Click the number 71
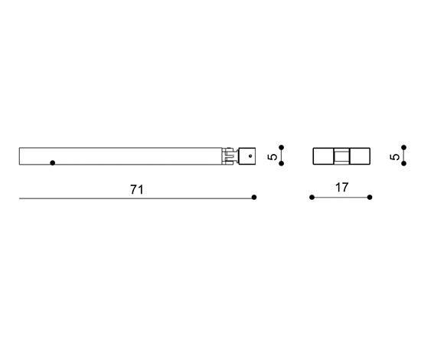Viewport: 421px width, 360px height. [137, 189]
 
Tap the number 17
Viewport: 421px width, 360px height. [342, 187]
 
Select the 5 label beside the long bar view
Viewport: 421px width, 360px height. [273, 156]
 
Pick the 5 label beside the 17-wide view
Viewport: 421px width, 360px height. [395, 156]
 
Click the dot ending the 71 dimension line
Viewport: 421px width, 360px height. [254, 197]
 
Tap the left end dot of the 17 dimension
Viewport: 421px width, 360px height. [312, 197]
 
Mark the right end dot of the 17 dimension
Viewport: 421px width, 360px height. [370, 197]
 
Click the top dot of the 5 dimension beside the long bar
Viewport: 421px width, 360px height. [282, 147]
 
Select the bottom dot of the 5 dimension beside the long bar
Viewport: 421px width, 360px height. [282, 163]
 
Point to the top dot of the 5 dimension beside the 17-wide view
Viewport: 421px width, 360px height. [404, 147]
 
